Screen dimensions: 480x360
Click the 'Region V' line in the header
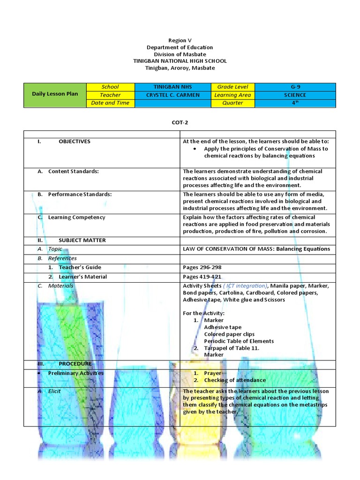(180, 41)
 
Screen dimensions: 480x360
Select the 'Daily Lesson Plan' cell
(55, 94)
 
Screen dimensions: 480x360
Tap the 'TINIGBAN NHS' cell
(172, 87)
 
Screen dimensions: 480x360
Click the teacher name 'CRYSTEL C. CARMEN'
(172, 95)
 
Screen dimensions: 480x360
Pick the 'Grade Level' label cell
(232, 87)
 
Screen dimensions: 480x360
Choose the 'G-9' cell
(295, 87)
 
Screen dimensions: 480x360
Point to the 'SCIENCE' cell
(295, 95)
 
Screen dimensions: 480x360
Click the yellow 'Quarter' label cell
(232, 103)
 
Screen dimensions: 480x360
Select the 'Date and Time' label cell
(110, 103)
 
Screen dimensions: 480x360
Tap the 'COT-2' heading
(180, 122)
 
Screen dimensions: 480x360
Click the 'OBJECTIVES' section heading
(75, 142)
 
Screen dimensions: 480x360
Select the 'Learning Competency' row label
(76, 217)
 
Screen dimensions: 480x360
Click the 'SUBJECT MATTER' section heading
(82, 240)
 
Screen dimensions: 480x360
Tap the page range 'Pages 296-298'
(202, 268)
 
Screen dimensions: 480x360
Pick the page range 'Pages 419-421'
(202, 277)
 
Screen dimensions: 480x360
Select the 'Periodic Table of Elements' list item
(239, 341)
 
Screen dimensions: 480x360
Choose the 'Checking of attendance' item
(234, 380)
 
